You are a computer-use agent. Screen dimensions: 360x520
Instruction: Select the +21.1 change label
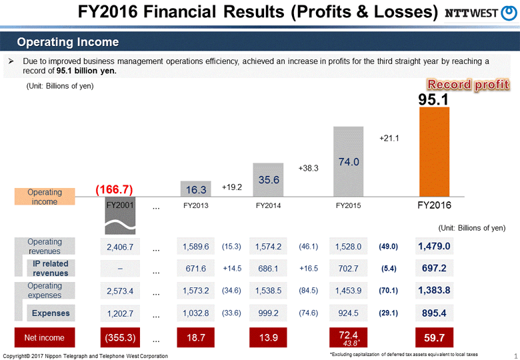pyautogui.click(x=389, y=139)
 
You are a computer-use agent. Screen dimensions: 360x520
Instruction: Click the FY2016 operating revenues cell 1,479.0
pyautogui.click(x=435, y=247)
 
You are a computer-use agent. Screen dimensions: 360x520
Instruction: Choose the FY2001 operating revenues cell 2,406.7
pyautogui.click(x=121, y=247)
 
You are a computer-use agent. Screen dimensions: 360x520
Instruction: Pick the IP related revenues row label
pyautogui.click(x=51, y=269)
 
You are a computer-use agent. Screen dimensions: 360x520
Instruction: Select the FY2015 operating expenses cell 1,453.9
pyautogui.click(x=348, y=291)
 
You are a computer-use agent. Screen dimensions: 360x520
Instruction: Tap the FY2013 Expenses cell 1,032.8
pyautogui.click(x=195, y=313)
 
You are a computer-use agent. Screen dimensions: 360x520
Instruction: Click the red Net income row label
pyautogui.click(x=45, y=338)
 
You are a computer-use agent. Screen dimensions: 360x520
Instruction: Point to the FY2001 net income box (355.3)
pyautogui.click(x=121, y=338)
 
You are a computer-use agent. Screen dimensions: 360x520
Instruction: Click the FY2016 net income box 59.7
pyautogui.click(x=435, y=338)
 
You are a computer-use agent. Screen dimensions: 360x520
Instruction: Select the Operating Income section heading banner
pyautogui.click(x=68, y=43)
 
